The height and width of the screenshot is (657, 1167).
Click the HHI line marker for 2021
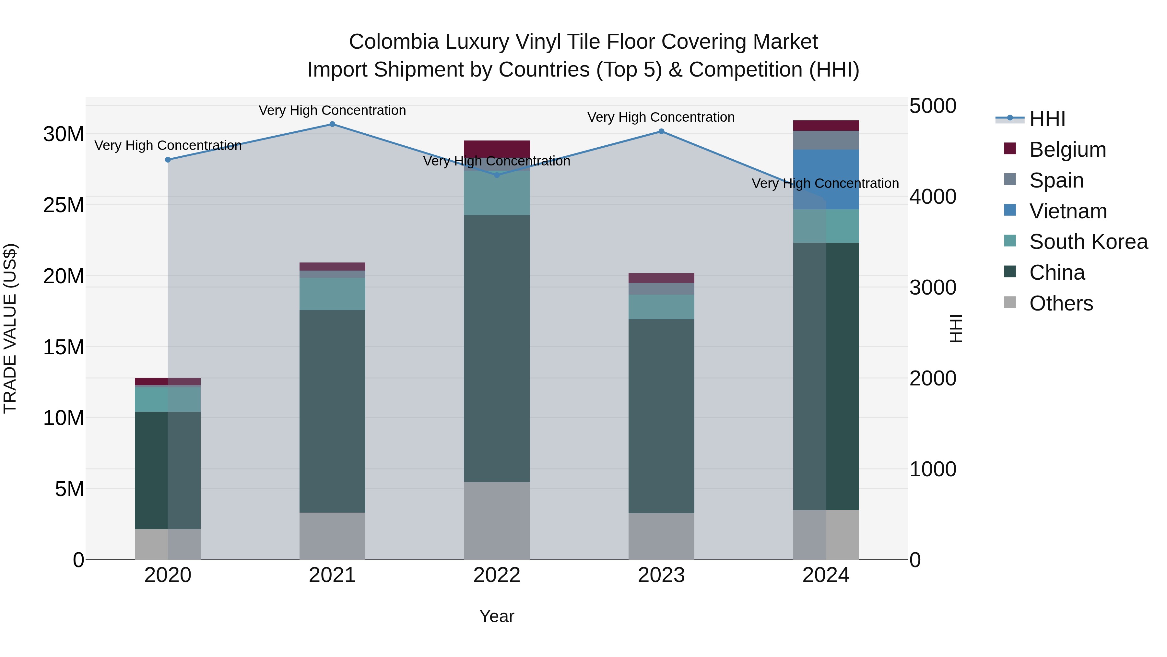(332, 124)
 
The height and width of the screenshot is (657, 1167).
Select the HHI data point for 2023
(661, 131)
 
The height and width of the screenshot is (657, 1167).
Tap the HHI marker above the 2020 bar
(168, 160)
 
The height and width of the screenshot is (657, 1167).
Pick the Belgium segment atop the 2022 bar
(497, 148)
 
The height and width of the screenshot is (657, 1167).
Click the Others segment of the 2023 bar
(661, 536)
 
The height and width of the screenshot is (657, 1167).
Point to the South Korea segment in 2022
(497, 193)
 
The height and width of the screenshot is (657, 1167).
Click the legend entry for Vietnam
(1068, 211)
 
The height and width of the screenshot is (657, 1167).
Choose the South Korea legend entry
(1088, 242)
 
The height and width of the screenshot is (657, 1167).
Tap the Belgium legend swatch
(1010, 149)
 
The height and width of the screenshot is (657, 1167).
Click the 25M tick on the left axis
(64, 205)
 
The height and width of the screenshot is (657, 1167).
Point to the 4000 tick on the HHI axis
(933, 197)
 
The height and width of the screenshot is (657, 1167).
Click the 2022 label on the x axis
(497, 575)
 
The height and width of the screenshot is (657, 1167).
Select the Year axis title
(497, 616)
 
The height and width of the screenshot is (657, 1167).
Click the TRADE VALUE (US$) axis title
(10, 328)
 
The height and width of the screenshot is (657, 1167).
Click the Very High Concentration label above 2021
(332, 110)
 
